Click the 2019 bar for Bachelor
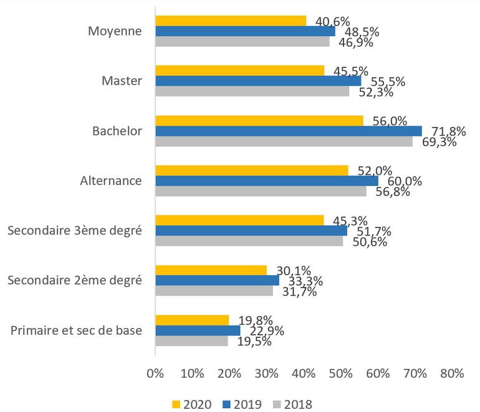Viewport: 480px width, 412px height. [x=288, y=131]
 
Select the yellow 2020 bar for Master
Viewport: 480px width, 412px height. [x=239, y=70]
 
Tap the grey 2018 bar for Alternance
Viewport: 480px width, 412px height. [x=261, y=191]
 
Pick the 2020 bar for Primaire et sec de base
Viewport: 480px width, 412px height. [x=192, y=320]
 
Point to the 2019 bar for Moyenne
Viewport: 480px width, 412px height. [x=245, y=31]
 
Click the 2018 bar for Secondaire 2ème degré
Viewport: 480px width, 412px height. [x=214, y=291]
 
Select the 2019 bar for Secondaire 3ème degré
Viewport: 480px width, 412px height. [x=251, y=230]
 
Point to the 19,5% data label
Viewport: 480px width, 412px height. [x=256, y=340]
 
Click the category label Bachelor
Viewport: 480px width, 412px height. [x=117, y=131]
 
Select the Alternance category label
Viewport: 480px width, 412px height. [x=111, y=181]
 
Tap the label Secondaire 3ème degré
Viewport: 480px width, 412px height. [x=75, y=231]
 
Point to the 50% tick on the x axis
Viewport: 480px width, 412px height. [x=340, y=373]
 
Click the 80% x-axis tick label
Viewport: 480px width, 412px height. [x=452, y=373]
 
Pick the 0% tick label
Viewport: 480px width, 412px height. [x=155, y=373]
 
